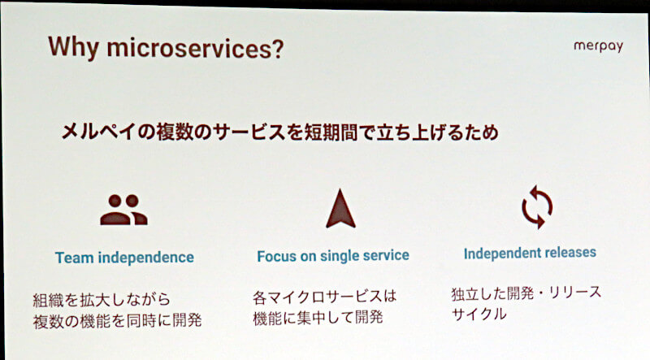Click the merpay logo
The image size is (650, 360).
598,46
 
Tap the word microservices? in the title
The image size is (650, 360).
195,48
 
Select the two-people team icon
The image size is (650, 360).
123,210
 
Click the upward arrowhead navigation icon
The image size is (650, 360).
340,209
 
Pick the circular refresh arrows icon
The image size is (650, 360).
537,207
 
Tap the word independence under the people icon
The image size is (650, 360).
146,258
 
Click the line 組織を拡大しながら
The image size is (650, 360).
102,300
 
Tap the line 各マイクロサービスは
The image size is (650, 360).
324,297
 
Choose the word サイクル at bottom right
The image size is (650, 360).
479,314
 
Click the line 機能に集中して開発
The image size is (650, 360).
318,318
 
